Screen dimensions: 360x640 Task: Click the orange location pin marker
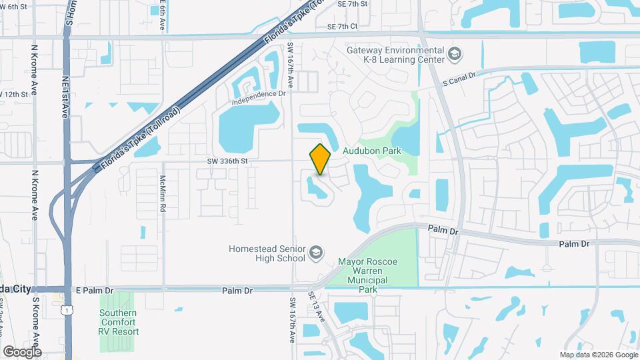pyautogui.click(x=320, y=159)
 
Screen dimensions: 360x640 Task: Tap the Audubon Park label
pyautogui.click(x=371, y=151)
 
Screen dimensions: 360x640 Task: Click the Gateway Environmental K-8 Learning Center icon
pyautogui.click(x=454, y=54)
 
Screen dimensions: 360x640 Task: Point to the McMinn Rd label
pyautogui.click(x=163, y=194)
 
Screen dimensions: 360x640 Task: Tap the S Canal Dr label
pyautogui.click(x=460, y=79)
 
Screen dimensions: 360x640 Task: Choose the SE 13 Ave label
pyautogui.click(x=316, y=305)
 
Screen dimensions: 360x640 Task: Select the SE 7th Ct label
pyautogui.click(x=343, y=27)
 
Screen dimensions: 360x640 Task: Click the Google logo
pyautogui.click(x=22, y=351)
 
